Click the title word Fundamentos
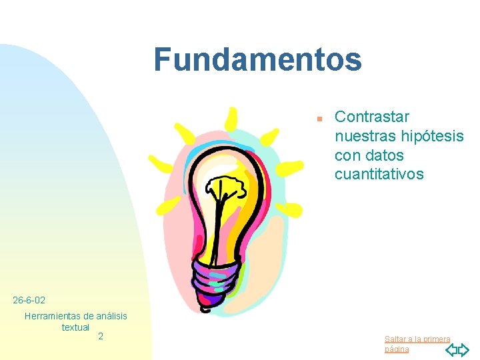[x=257, y=59]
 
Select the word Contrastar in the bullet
[x=372, y=117]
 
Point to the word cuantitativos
[x=379, y=174]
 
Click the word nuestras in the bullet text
[x=365, y=136]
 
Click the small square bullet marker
[x=319, y=118]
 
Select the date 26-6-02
[x=29, y=301]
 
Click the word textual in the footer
[x=75, y=327]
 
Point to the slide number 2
[x=101, y=336]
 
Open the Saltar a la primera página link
[x=417, y=344]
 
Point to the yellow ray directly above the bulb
[x=231, y=119]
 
